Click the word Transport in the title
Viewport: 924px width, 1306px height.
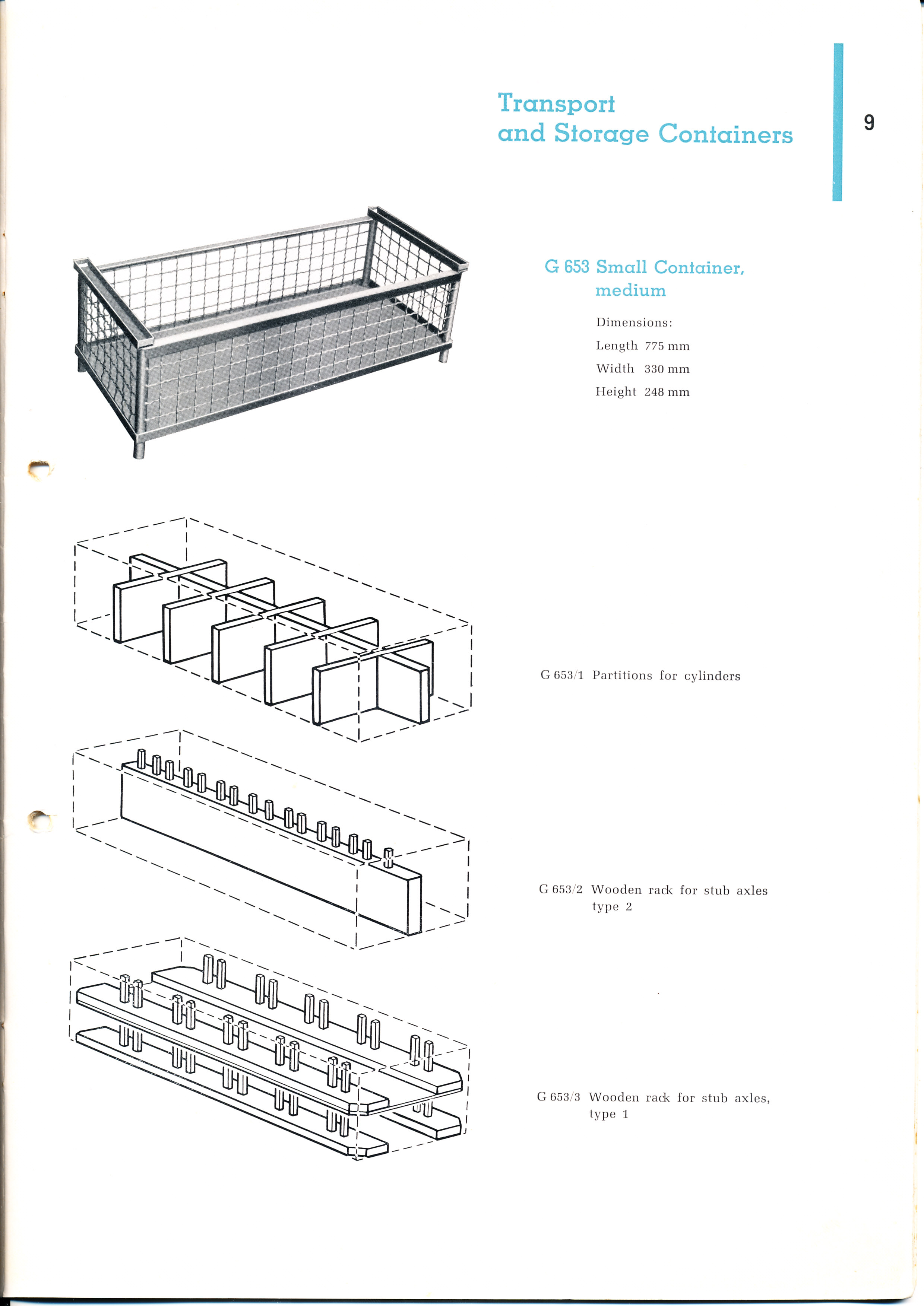pyautogui.click(x=556, y=104)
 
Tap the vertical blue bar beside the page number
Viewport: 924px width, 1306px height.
pyautogui.click(x=837, y=122)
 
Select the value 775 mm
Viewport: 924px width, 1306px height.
pyautogui.click(x=667, y=346)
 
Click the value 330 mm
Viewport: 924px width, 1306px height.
pyautogui.click(x=667, y=369)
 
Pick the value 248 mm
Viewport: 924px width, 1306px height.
pyautogui.click(x=667, y=392)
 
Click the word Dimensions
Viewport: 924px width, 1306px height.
pyautogui.click(x=634, y=322)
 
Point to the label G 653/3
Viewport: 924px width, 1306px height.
pyautogui.click(x=558, y=1097)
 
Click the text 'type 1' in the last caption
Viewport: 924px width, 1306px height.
pyautogui.click(x=609, y=1114)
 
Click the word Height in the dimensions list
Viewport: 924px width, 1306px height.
pyautogui.click(x=616, y=392)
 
